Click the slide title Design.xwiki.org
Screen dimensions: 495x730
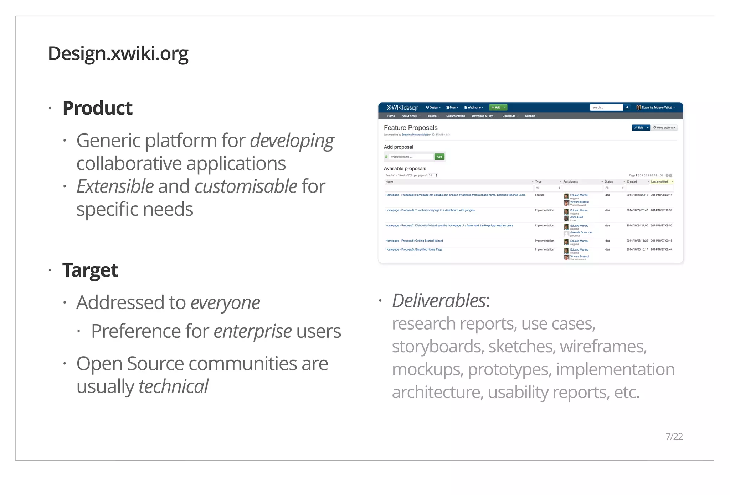pyautogui.click(x=118, y=54)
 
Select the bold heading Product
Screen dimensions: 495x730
pyautogui.click(x=97, y=108)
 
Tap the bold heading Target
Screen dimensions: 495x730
pyautogui.click(x=90, y=270)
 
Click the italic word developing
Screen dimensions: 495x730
pyautogui.click(x=292, y=141)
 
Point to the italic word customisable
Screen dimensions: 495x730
pyautogui.click(x=246, y=186)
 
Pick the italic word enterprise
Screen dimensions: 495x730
pyautogui.click(x=252, y=331)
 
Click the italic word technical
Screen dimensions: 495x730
pyautogui.click(x=173, y=386)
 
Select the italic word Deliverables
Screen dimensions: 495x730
pyautogui.click(x=439, y=301)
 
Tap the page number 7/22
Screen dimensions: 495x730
pyautogui.click(x=674, y=437)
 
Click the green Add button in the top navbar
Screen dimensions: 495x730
pyautogui.click(x=496, y=107)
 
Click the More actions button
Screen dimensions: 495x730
pyautogui.click(x=664, y=128)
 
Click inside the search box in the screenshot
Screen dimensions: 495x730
pyautogui.click(x=606, y=107)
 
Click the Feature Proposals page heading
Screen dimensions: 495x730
pyautogui.click(x=410, y=128)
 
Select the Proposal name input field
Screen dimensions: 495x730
pyautogui.click(x=411, y=157)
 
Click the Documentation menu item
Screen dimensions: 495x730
pyautogui.click(x=455, y=116)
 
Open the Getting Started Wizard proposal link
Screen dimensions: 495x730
pyautogui.click(x=414, y=241)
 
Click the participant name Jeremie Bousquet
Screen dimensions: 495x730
pyautogui.click(x=581, y=232)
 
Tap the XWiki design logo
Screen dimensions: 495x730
pyautogui.click(x=402, y=107)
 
